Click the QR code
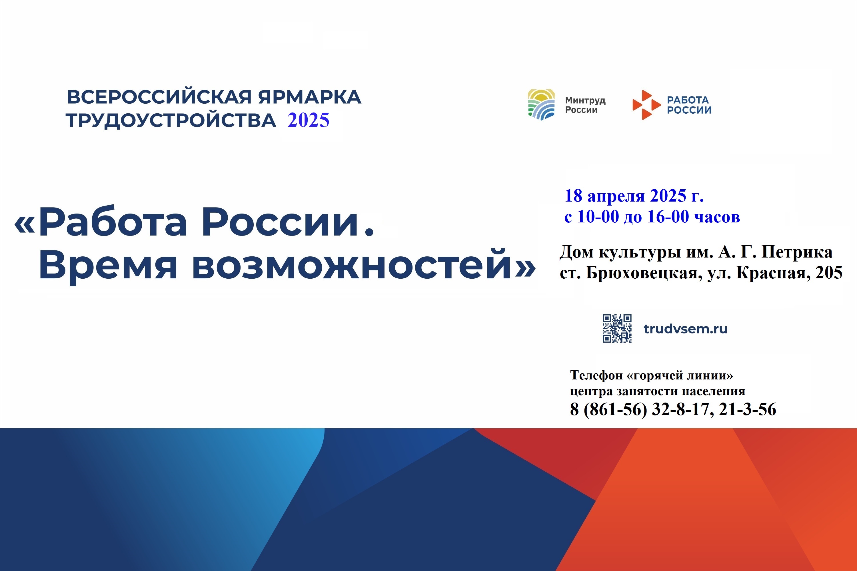617,329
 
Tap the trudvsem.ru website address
685,329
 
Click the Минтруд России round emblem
541,104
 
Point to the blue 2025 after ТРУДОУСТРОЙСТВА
308,120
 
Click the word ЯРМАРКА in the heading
310,97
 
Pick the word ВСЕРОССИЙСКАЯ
159,97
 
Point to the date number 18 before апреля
574,196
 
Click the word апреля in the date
616,197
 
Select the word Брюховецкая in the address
644,273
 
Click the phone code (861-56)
615,409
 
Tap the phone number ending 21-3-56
747,409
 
